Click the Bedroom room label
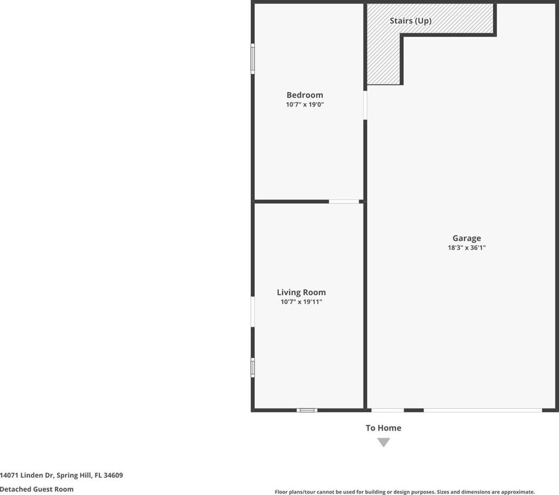(305, 95)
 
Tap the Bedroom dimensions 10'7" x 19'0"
(305, 104)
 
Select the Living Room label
(301, 293)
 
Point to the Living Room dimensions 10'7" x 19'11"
(301, 302)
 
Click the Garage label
(467, 239)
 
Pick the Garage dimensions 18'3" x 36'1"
(467, 247)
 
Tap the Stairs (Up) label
(411, 20)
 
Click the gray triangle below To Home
(384, 442)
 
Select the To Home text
(383, 428)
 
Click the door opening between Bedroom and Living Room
(343, 202)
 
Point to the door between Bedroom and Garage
(365, 105)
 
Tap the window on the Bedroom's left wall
(253, 59)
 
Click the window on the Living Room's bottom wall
(307, 410)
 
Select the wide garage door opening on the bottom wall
(483, 410)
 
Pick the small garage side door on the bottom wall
(388, 410)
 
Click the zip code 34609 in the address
(113, 475)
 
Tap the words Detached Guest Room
(37, 489)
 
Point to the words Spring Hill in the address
(74, 476)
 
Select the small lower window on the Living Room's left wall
(253, 368)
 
